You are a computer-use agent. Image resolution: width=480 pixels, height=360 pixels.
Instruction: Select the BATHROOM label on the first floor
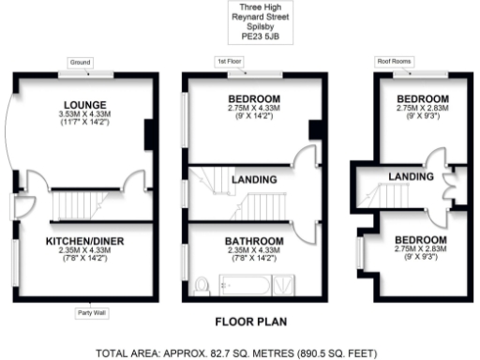coord(253,241)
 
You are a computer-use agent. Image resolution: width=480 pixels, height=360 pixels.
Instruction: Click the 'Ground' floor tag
coord(80,62)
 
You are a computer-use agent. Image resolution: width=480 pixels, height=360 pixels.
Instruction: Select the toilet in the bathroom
coord(202,283)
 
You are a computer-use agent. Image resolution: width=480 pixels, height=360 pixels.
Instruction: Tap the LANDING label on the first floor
coord(253,179)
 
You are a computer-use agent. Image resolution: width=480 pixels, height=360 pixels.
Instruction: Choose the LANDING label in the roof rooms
coord(412,176)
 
